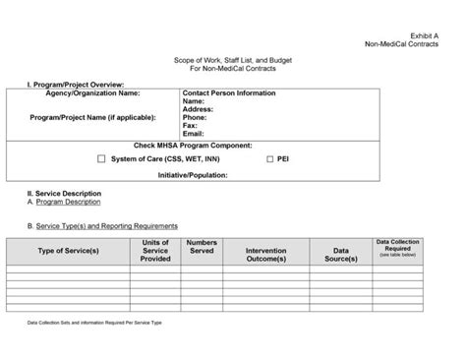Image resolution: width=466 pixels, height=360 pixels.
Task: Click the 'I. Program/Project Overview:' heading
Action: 76,86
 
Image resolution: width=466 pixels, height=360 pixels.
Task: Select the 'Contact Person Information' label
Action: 229,93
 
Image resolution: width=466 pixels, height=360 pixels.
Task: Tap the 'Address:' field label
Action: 199,109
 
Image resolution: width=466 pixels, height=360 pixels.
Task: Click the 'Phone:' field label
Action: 195,117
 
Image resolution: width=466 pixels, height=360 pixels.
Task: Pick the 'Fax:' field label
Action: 190,125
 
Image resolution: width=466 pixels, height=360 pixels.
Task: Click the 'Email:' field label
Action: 194,133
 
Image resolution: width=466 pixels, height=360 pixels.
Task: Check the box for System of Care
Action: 102,158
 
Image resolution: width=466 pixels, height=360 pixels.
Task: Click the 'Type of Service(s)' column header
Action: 68,251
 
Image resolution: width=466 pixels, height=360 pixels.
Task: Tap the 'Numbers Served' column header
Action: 202,246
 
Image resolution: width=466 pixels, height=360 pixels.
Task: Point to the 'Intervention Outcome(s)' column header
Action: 273,255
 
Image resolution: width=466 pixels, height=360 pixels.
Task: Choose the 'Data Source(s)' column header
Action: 340,255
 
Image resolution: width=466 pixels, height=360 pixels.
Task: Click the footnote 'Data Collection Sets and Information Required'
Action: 94,322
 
